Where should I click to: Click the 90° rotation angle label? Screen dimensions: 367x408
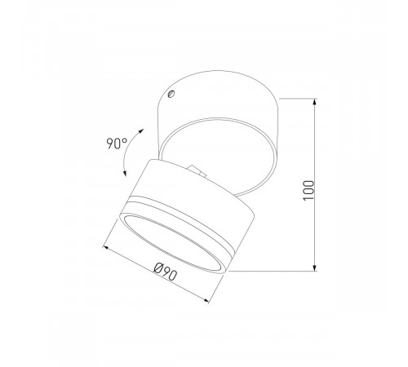coord(117,144)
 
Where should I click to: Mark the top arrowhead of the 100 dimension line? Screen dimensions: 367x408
coord(315,102)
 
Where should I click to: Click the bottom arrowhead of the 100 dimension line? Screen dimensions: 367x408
coord(315,268)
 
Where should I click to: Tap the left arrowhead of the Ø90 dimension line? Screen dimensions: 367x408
coord(105,243)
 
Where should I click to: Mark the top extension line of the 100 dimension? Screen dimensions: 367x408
coord(298,99)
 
